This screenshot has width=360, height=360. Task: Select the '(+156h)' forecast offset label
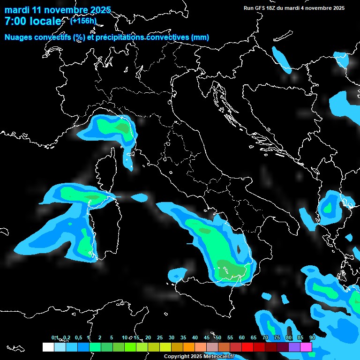click(83, 21)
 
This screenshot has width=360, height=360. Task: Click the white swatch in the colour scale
click(48, 347)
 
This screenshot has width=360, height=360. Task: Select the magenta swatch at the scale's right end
click(306, 347)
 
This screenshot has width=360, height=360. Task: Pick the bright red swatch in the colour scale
click(247, 347)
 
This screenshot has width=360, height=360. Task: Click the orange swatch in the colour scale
click(189, 347)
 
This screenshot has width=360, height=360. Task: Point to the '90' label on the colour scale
click(312, 337)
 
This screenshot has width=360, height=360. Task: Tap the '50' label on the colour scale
click(218, 337)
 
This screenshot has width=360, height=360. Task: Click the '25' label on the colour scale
click(160, 337)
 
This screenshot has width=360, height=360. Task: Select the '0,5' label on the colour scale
click(78, 337)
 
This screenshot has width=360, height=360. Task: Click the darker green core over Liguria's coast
click(122, 127)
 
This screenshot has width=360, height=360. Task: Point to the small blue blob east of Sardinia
click(139, 198)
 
